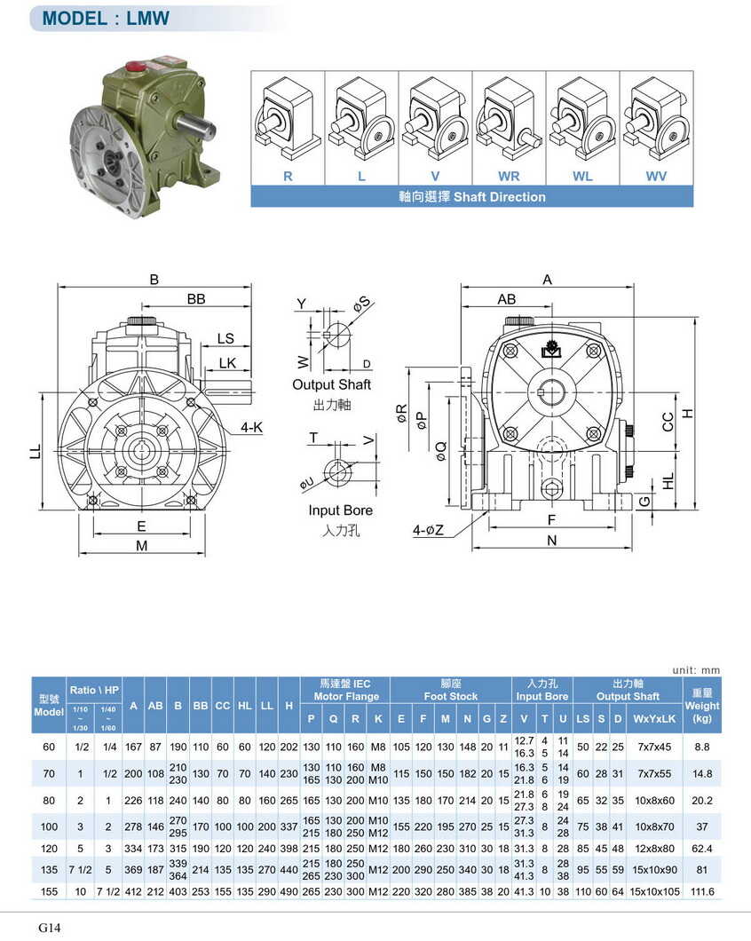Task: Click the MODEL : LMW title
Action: point(106,18)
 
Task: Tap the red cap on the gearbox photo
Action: point(138,65)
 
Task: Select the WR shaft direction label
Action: point(509,176)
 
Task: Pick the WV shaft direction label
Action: point(656,176)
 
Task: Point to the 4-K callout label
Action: point(253,428)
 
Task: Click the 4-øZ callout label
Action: point(427,530)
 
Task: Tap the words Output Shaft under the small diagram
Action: point(331,384)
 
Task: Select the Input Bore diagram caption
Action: point(340,510)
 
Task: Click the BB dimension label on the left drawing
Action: point(196,300)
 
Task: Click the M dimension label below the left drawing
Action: point(141,546)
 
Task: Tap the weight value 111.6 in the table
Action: point(702,891)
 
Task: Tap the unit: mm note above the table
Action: point(696,670)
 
